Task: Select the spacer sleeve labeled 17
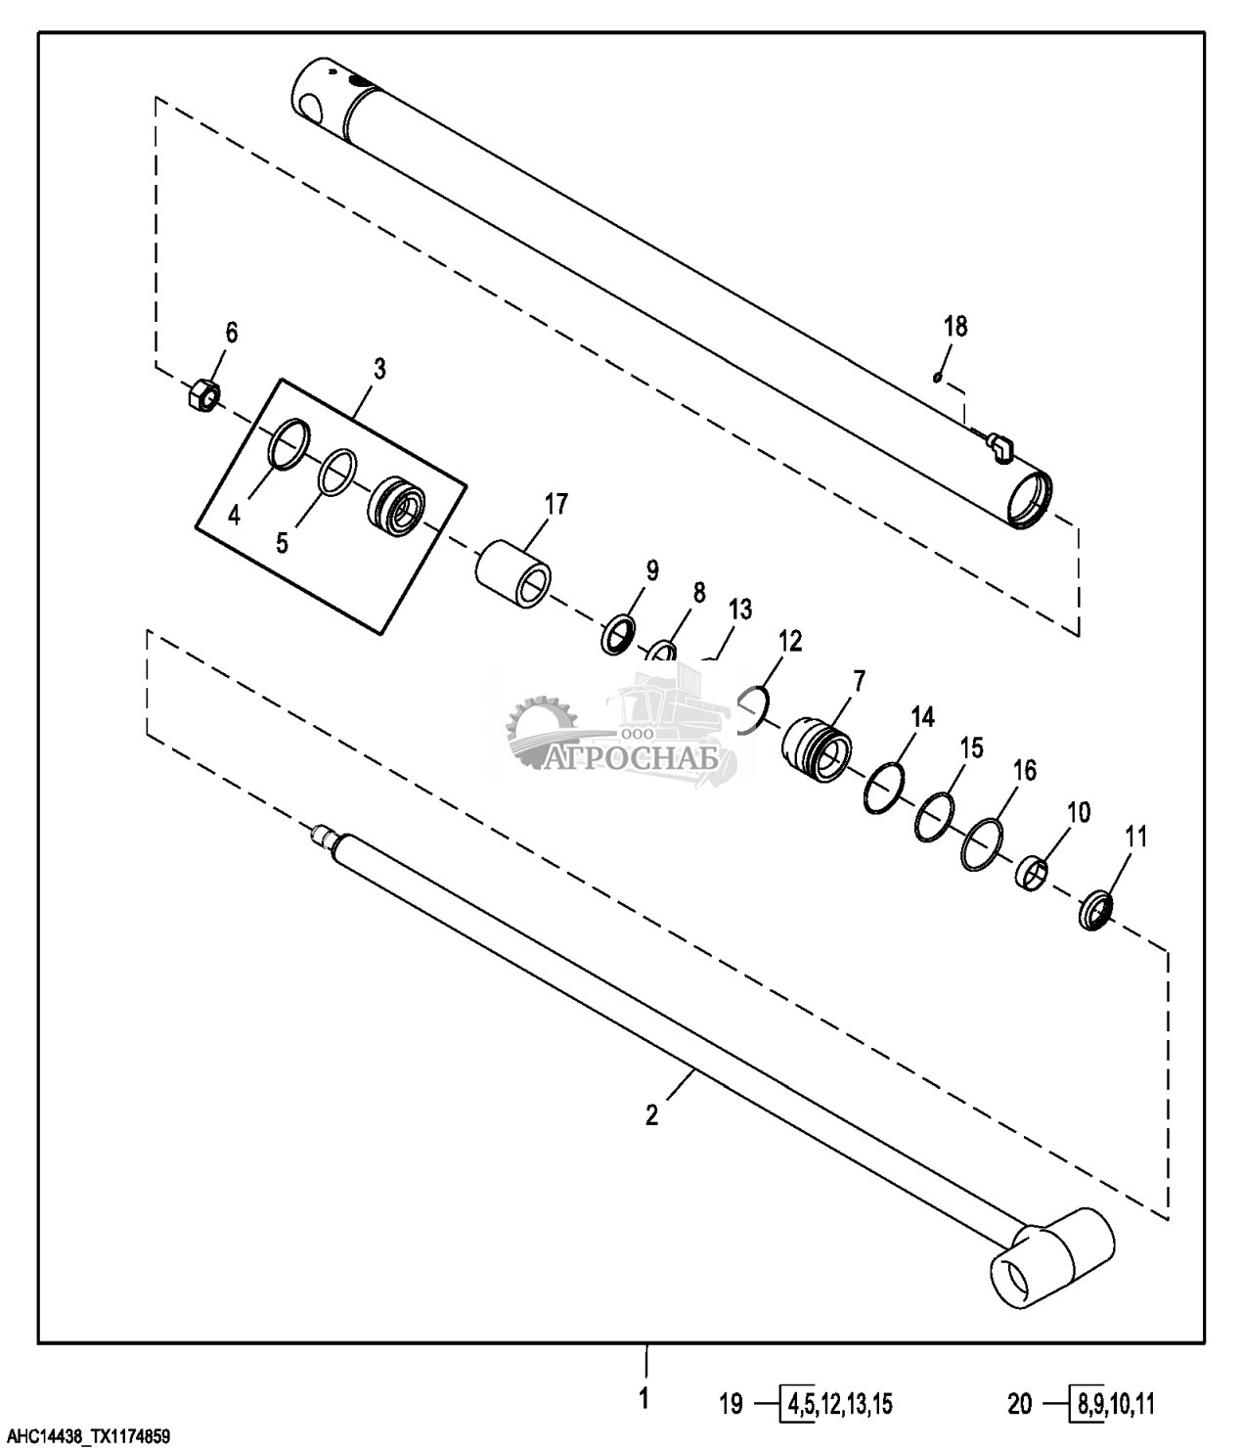513,571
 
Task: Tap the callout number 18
955,326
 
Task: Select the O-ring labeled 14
884,787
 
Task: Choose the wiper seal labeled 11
1095,910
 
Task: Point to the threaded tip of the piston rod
322,835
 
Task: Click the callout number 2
651,1114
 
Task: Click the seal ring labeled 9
619,634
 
